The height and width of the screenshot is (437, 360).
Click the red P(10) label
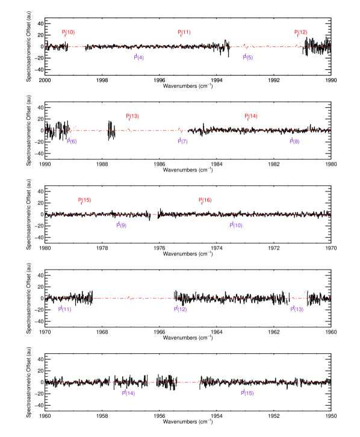coord(68,33)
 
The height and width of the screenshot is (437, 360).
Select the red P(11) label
coord(184,33)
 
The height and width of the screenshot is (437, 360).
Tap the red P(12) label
coord(300,33)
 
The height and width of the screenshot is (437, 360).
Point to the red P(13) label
coord(132,116)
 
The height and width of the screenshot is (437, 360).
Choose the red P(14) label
coord(250,116)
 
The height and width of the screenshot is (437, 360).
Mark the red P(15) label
coord(84,200)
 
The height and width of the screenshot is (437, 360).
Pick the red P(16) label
coord(205,200)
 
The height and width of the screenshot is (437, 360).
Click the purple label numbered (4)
coord(139,58)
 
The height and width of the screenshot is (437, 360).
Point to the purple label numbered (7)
coord(182,141)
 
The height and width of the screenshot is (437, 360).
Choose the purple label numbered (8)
coord(294,141)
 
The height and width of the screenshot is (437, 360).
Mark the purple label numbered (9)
coord(121,225)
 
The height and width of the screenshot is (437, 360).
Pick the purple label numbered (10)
coord(236,225)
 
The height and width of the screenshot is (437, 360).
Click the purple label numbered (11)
coord(64,309)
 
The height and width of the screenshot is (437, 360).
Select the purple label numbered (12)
coord(180,309)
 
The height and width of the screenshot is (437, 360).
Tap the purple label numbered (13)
coord(297,309)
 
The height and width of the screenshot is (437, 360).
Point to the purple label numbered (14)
coord(128,392)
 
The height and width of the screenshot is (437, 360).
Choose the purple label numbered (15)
coord(247,392)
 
